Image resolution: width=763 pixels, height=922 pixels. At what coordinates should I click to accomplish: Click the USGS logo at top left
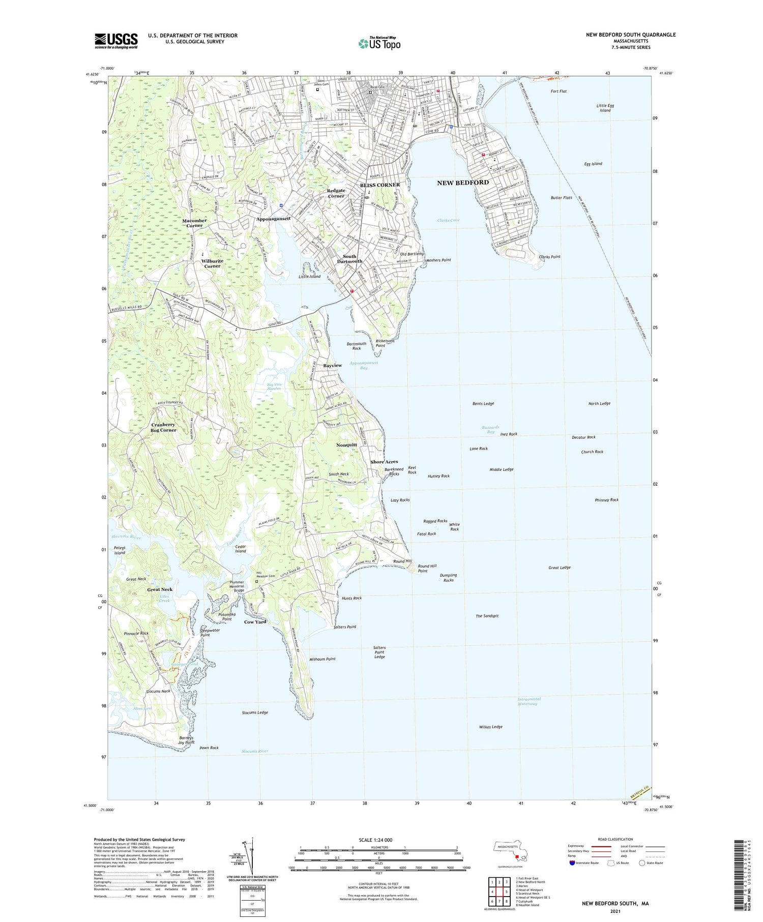pyautogui.click(x=116, y=41)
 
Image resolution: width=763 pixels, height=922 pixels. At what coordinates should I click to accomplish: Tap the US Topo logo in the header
pyautogui.click(x=379, y=43)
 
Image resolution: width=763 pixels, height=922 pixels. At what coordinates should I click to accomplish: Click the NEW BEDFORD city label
pyautogui.click(x=462, y=182)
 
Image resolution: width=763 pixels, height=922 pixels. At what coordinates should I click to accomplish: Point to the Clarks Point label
pyautogui.click(x=549, y=257)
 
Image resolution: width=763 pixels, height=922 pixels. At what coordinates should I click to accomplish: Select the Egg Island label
pyautogui.click(x=593, y=164)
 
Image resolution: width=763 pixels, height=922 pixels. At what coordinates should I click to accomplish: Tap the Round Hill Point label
pyautogui.click(x=427, y=569)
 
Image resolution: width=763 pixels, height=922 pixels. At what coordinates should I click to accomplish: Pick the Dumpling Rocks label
pyautogui.click(x=448, y=578)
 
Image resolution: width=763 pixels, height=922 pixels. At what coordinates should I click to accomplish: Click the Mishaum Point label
pyautogui.click(x=322, y=659)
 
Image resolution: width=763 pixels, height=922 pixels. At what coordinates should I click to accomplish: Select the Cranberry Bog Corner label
pyautogui.click(x=163, y=427)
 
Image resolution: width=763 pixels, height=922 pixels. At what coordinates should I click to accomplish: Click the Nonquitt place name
pyautogui.click(x=346, y=444)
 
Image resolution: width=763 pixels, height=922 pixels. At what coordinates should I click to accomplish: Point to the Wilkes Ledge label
pyautogui.click(x=490, y=727)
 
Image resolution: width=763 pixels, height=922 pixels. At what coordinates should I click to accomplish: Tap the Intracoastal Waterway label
pyautogui.click(x=529, y=701)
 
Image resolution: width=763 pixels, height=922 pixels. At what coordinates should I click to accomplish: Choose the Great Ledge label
pyautogui.click(x=559, y=568)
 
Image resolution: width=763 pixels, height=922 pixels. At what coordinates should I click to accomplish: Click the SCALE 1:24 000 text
pyautogui.click(x=378, y=840)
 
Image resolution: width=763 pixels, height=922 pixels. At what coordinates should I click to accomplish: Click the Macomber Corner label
pyautogui.click(x=194, y=223)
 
